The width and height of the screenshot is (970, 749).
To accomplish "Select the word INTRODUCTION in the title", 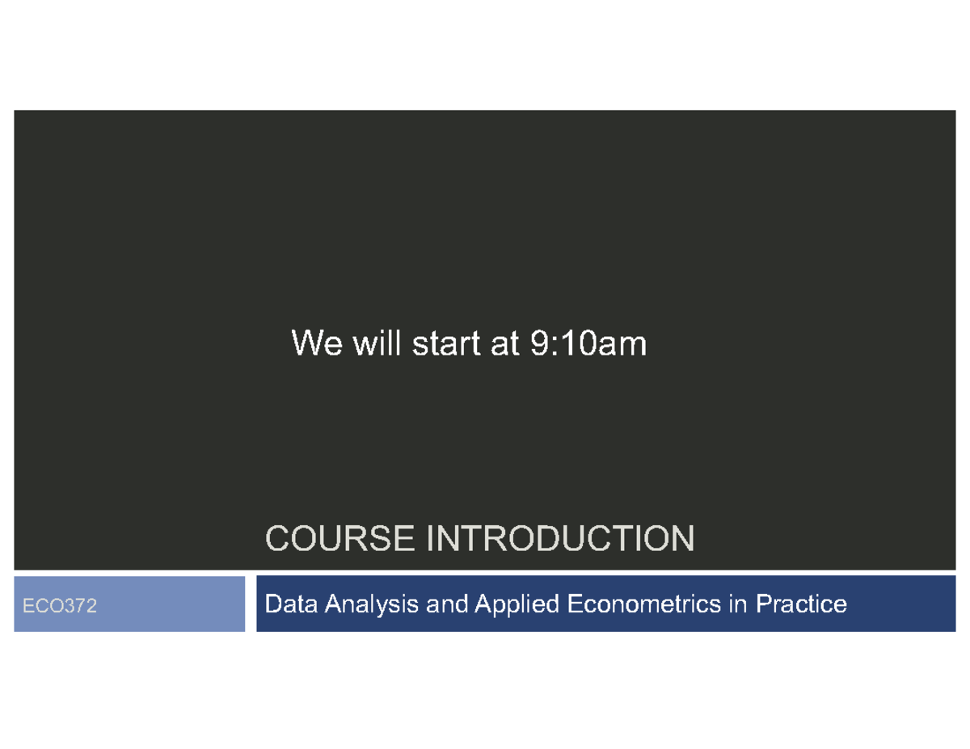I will coord(560,538).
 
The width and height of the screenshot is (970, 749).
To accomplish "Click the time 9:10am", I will coord(588,343).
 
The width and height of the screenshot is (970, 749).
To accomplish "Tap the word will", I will coord(373,343).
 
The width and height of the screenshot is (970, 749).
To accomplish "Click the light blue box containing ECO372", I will coord(129,604).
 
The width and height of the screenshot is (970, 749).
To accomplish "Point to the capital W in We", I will coord(305,343).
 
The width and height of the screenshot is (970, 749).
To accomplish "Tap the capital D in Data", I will coord(273,604).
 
